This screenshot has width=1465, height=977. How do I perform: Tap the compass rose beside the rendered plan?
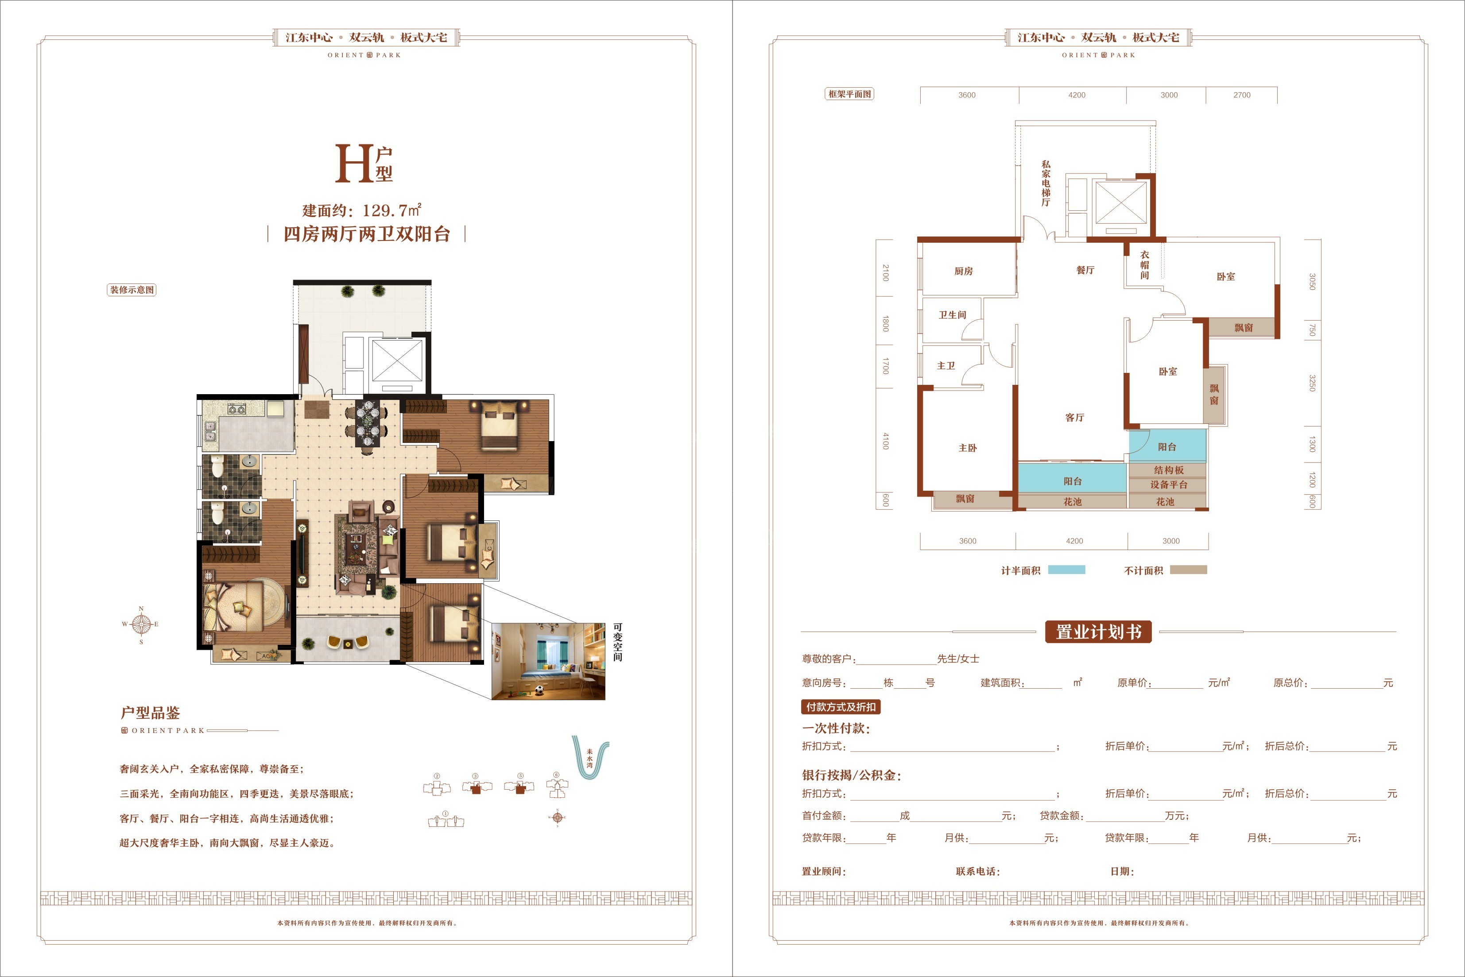[x=141, y=624]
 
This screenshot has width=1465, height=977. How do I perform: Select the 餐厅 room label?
[x=1085, y=270]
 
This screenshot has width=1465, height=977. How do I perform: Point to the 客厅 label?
[x=1074, y=418]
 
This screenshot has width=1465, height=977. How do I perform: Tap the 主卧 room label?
[x=967, y=448]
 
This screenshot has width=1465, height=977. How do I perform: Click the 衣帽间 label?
[x=1145, y=265]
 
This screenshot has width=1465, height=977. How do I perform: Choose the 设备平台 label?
[x=1169, y=485]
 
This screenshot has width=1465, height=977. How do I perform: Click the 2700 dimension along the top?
[x=1241, y=95]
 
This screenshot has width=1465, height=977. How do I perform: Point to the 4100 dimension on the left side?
[x=886, y=441]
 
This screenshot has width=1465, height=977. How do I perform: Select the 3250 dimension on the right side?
[x=1312, y=383]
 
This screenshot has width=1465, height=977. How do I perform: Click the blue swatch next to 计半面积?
[x=1066, y=570]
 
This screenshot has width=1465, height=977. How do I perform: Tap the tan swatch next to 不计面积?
[x=1189, y=570]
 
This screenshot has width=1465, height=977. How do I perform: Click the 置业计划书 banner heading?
[x=1098, y=632]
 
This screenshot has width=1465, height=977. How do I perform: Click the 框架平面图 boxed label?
[x=849, y=94]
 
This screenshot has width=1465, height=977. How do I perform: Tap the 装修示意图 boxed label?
[x=132, y=290]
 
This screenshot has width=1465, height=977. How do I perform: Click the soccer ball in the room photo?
[x=538, y=690]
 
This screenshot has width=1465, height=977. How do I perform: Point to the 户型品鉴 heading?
[x=150, y=713]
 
